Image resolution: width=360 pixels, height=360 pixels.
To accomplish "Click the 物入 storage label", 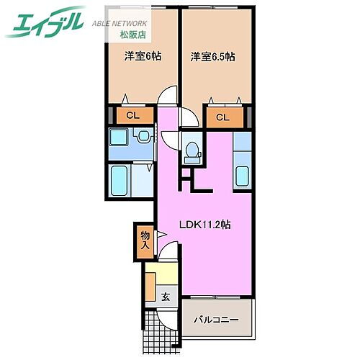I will pyautogui.click(x=144, y=241).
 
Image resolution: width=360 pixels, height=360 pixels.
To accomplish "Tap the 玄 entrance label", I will pyautogui.click(x=165, y=296).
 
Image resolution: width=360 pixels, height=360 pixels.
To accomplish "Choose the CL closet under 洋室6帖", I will pyautogui.click(x=132, y=114).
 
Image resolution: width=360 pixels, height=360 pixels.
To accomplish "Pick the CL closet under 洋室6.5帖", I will pyautogui.click(x=222, y=117).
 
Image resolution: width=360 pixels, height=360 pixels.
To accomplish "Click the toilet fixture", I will pyautogui.click(x=192, y=149).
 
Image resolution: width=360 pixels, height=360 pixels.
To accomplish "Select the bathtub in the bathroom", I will pyautogui.click(x=120, y=181).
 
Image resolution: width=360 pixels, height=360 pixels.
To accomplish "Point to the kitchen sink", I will pyautogui.click(x=243, y=176).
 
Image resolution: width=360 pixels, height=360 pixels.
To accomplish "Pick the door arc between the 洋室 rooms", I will pyautogui.click(x=167, y=96).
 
